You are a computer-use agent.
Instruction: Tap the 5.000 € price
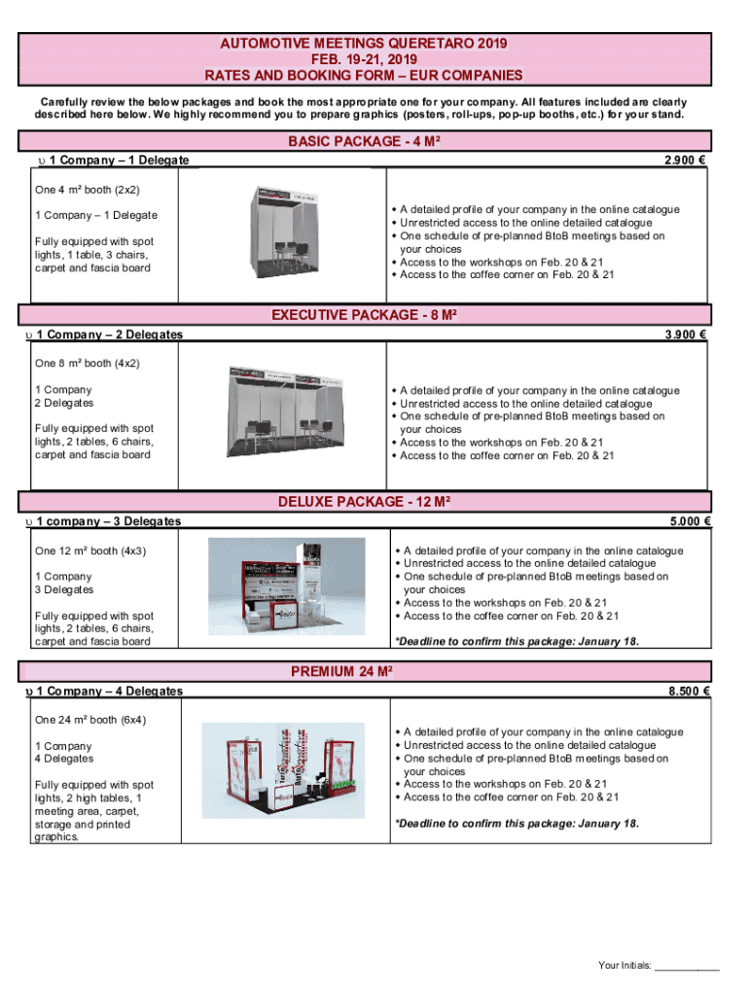(x=688, y=521)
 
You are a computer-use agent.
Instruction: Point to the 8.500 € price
(x=688, y=692)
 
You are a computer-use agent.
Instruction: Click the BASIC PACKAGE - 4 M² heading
(x=364, y=142)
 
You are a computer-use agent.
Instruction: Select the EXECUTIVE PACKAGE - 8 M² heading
(x=364, y=315)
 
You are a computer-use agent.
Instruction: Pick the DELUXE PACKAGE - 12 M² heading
(x=364, y=502)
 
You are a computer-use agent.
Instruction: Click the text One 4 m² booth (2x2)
(x=88, y=190)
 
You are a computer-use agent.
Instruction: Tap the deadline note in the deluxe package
(x=517, y=642)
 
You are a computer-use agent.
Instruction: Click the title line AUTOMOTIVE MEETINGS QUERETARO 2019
(x=364, y=44)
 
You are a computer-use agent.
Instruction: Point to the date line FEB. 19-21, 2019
(x=364, y=59)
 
